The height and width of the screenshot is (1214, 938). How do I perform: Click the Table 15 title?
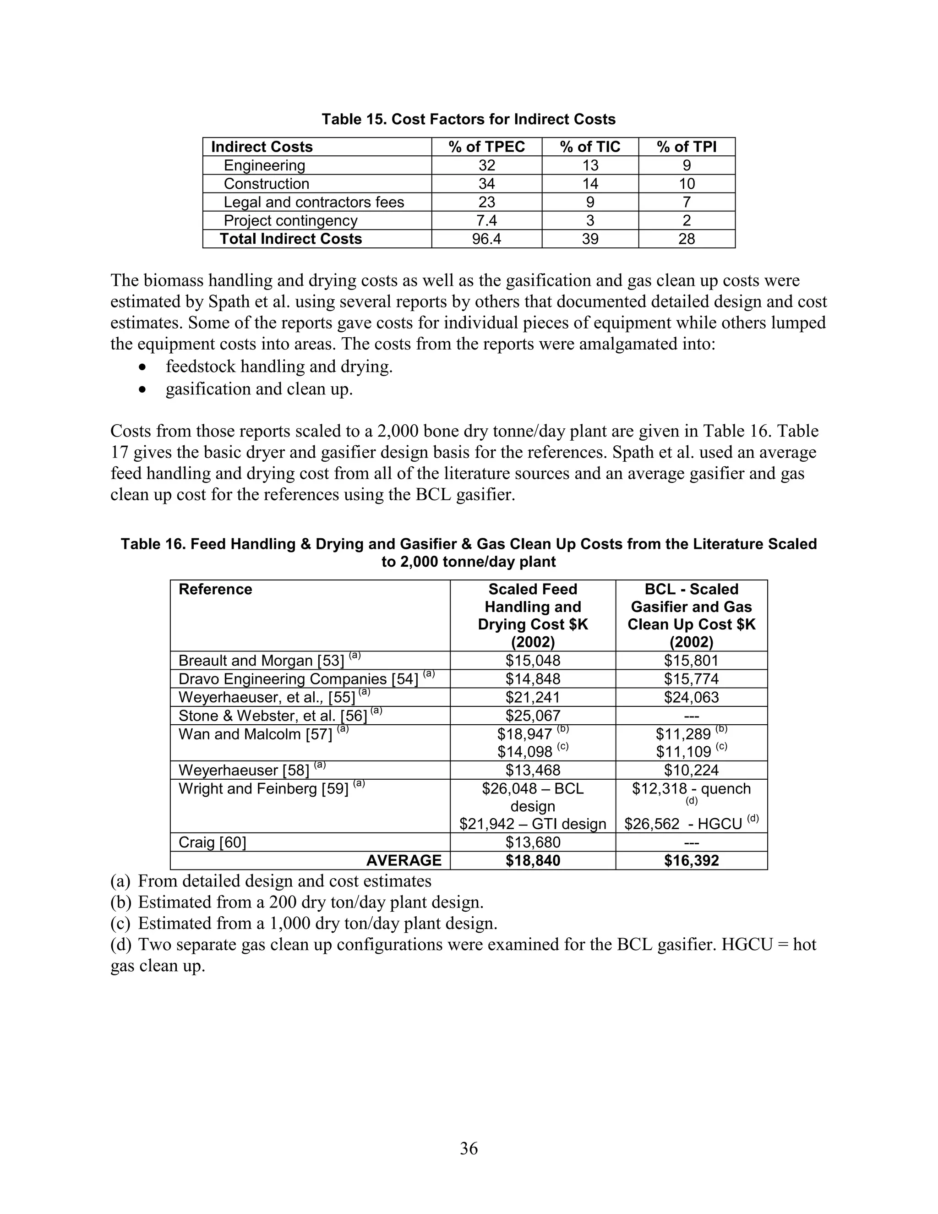[469, 120]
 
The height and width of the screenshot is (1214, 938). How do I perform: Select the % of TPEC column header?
[486, 147]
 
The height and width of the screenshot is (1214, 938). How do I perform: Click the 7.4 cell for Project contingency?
[486, 221]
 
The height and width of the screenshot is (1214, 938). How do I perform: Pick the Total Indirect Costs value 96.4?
[486, 239]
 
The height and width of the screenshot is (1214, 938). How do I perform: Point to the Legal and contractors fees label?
[313, 202]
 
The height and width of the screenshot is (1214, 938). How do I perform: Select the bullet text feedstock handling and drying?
[279, 367]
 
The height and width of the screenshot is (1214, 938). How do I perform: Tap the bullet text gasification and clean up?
[259, 389]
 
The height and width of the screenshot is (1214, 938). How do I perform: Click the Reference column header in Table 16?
[215, 589]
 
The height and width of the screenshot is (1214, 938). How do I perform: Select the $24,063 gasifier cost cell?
[691, 697]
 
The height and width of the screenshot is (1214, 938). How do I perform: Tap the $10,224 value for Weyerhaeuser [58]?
[691, 770]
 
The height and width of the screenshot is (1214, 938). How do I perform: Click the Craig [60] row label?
[212, 842]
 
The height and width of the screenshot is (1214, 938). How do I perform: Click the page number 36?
[469, 1148]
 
